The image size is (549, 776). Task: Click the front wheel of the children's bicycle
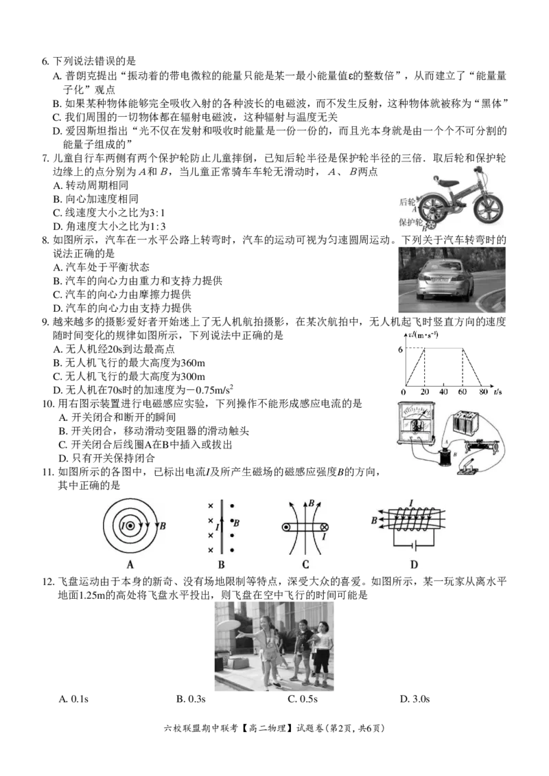point(489,209)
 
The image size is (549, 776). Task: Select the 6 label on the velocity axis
point(400,350)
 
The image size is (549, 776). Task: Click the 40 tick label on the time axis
point(443,392)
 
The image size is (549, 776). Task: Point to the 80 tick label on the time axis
point(483,392)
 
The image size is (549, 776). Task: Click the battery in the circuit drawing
point(465,422)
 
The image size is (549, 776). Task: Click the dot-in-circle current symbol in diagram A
point(130,527)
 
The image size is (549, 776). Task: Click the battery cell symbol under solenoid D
point(414,547)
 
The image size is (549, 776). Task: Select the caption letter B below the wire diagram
point(221,564)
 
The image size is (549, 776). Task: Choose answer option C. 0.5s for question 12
point(303,699)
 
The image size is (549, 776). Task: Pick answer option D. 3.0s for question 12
point(414,699)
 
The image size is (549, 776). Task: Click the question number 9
point(45,321)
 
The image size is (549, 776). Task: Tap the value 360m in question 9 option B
point(193,363)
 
